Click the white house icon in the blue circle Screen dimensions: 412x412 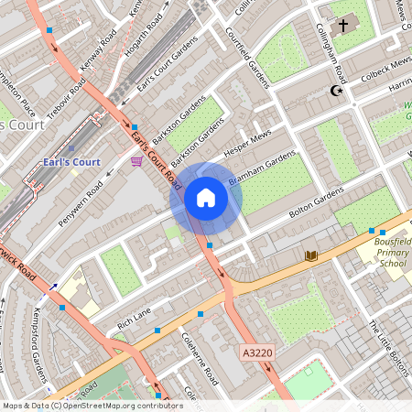206,198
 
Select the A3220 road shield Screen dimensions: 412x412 257,352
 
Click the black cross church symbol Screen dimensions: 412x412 343,26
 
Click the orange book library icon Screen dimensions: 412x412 311,255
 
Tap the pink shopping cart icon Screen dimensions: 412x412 136,161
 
